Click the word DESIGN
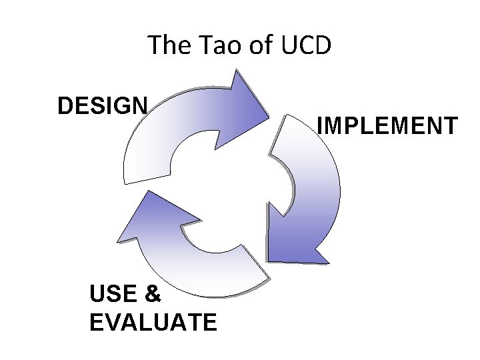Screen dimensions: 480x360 103,105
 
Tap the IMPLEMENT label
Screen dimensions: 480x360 387,125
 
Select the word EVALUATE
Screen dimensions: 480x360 153,323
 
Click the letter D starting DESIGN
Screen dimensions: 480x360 65,105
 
